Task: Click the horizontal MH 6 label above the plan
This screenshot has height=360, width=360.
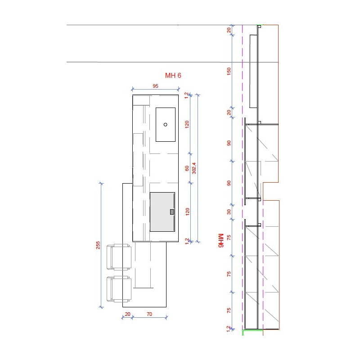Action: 173,76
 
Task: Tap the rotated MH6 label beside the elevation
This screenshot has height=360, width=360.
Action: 220,240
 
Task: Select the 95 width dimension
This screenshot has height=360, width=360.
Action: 155,86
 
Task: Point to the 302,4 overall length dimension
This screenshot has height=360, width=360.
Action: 194,168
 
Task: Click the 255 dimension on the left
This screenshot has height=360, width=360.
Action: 98,245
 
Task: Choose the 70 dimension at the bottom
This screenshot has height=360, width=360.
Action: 149,314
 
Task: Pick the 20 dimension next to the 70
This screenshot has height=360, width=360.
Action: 128,314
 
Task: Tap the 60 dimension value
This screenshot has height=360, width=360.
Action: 187,168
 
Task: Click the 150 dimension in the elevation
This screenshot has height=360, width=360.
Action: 229,71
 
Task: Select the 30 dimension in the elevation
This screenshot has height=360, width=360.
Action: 229,211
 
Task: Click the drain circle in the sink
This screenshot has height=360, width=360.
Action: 165,125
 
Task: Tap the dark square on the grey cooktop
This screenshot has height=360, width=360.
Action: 172,212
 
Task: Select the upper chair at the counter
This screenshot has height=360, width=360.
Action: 119,256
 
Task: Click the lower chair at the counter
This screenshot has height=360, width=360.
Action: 119,289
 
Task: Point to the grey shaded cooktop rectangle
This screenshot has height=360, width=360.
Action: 162,211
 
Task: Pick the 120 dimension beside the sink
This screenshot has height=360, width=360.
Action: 187,124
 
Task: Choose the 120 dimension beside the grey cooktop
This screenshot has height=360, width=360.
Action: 187,211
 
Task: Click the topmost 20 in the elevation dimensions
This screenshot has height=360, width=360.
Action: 229,30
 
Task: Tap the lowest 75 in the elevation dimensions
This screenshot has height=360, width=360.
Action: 229,310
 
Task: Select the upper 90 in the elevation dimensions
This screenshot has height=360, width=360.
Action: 229,143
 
